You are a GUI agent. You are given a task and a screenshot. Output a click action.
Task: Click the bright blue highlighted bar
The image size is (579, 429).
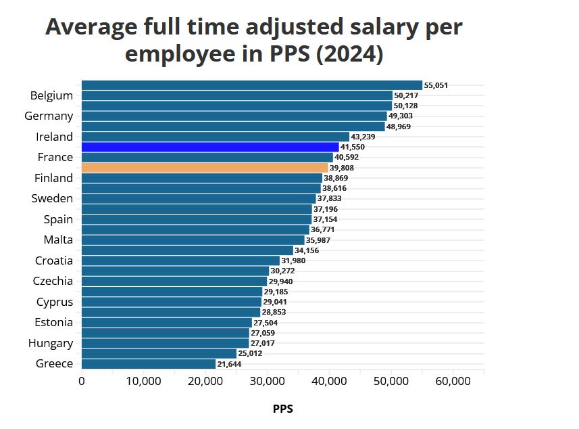pos(210,147)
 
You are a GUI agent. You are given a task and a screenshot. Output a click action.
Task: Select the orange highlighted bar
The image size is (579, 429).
pos(205,168)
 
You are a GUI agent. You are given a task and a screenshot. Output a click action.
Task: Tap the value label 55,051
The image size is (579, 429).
pos(436,85)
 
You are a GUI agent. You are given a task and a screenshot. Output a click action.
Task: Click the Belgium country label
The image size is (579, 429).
pos(51,95)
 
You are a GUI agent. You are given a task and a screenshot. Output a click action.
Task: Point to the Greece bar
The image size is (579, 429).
pos(149,364)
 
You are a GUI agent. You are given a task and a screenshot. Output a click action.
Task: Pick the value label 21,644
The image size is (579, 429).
pos(229,364)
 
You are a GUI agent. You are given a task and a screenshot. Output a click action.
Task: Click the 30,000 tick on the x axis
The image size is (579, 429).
pos(267,382)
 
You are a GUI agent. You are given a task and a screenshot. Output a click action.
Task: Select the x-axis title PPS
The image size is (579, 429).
pos(282,409)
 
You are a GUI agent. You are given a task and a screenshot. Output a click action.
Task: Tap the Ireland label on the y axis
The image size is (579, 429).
pos(54,137)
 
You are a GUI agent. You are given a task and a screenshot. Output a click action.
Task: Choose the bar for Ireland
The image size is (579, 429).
pos(216,137)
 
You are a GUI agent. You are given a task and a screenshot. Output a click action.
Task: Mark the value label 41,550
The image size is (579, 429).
pos(353,147)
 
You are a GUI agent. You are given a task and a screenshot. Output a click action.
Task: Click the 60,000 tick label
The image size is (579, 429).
pos(453,382)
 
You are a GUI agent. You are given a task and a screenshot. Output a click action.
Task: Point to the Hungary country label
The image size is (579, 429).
pos(50,344)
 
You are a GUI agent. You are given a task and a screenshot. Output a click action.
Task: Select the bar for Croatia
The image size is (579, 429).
pos(180,261)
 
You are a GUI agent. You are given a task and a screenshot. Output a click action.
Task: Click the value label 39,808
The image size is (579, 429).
pos(342,168)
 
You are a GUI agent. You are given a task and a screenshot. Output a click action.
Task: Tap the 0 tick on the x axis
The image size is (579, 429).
pos(82,382)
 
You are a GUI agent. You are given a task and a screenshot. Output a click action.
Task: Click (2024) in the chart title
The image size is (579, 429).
pos(350,54)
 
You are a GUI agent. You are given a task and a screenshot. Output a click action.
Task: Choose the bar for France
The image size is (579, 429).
pos(207,158)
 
